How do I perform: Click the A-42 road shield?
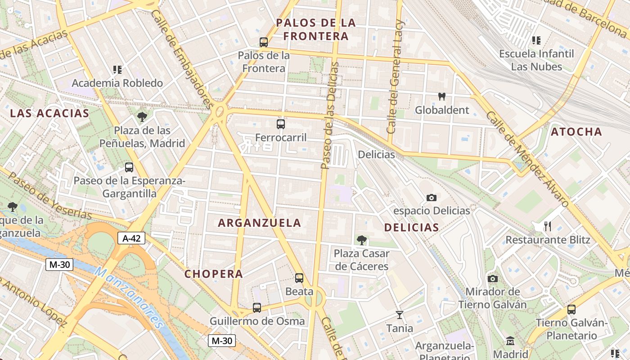(x=131, y=238)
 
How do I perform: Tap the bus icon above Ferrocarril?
(x=281, y=124)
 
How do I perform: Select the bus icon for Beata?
(x=299, y=278)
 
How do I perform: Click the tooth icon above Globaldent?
(x=442, y=96)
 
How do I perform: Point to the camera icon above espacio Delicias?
(x=431, y=198)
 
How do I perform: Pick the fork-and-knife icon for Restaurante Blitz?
(x=548, y=226)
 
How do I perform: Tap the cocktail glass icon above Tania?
(x=399, y=315)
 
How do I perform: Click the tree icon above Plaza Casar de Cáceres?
(x=361, y=240)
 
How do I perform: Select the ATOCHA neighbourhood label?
(x=576, y=132)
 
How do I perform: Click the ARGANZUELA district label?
(x=260, y=223)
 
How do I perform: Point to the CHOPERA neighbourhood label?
(x=214, y=274)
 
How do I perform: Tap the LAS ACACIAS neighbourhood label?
(x=50, y=113)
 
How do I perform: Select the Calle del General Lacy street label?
(x=396, y=76)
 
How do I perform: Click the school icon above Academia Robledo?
(x=117, y=70)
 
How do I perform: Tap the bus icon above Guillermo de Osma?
(x=257, y=308)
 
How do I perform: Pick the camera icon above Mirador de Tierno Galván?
(x=493, y=279)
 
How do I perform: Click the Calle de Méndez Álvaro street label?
(x=526, y=160)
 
